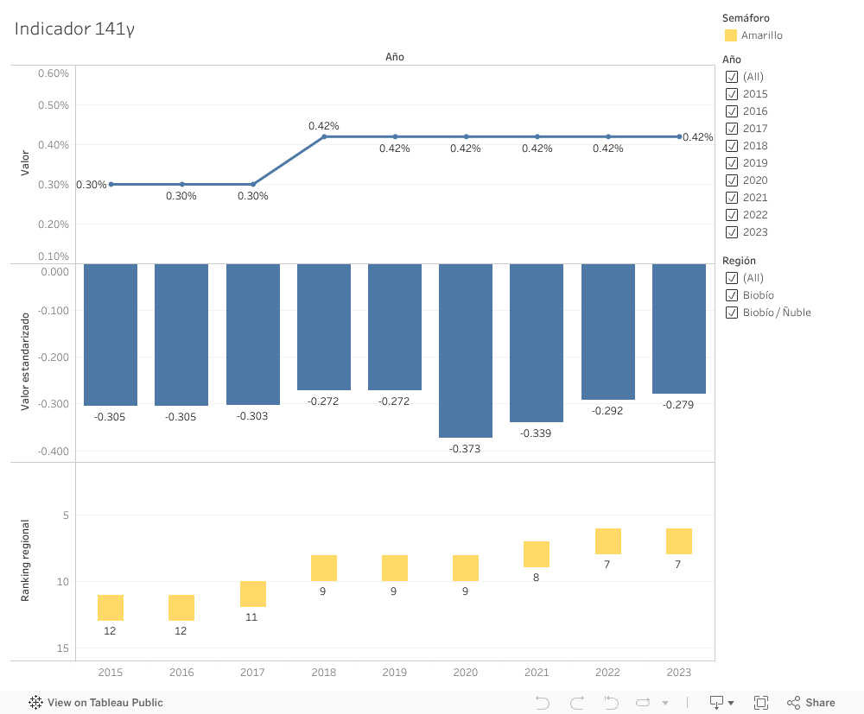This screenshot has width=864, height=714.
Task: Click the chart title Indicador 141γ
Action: point(74,28)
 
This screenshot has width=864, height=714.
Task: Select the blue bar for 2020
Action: point(466,350)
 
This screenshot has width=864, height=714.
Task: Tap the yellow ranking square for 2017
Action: point(253,594)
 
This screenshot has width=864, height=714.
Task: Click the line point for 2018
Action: point(324,136)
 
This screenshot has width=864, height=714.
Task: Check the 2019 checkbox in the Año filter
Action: point(732,163)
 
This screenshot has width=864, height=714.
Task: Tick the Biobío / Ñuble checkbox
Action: point(732,313)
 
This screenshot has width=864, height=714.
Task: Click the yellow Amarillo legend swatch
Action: point(731,35)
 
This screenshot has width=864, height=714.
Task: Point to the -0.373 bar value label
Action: point(466,449)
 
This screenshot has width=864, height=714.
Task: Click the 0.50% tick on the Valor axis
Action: point(54,105)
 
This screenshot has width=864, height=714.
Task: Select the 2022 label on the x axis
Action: point(607,673)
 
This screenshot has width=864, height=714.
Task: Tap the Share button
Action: point(810,703)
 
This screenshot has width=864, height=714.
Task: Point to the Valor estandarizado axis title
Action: point(25,361)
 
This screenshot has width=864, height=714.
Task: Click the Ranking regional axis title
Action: point(25,560)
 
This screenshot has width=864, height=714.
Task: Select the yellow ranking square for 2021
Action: point(537,554)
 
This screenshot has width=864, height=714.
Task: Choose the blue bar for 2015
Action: point(111,334)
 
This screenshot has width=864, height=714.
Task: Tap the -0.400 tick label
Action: point(54,452)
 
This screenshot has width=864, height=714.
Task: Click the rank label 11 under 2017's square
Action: point(251,617)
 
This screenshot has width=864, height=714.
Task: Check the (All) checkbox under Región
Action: point(732,278)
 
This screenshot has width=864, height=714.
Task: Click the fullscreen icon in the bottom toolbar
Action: point(761,703)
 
